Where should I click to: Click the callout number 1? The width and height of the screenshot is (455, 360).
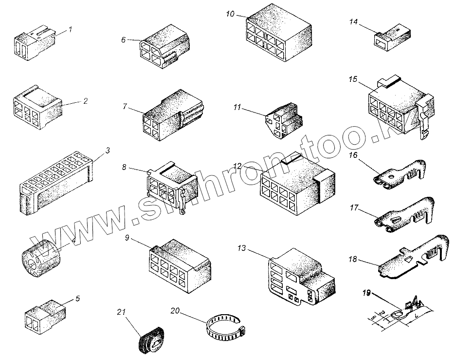pos(70,29)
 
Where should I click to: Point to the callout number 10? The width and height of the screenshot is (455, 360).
pos(230,13)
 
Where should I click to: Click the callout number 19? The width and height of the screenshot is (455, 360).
pos(366,293)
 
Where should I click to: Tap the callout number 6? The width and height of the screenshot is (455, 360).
pos(123,39)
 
